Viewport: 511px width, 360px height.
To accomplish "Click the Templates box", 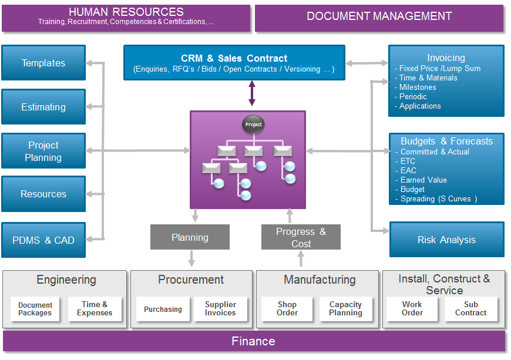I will [43, 63].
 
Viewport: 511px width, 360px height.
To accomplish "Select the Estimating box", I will [43, 107].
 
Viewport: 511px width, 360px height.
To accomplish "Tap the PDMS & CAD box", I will [43, 240].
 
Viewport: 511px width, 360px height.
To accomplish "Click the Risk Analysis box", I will [446, 240].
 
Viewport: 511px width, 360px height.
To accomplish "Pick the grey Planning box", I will [190, 237].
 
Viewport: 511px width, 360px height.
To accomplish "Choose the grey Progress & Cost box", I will [301, 237].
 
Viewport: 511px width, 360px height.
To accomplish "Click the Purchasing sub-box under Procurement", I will [163, 309].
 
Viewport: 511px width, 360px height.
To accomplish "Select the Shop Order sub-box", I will [287, 309].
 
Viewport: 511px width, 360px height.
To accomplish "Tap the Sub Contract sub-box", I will [470, 309].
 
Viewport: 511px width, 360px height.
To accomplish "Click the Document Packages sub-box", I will [35, 309].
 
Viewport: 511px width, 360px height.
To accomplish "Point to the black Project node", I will [253, 125].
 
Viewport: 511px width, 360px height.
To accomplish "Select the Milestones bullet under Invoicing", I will [418, 87].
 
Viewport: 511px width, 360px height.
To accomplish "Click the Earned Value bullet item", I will [423, 180].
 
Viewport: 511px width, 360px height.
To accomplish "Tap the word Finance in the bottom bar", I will [253, 341].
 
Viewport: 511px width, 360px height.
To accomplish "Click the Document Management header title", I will [379, 16].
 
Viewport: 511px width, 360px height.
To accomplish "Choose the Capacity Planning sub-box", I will [345, 309].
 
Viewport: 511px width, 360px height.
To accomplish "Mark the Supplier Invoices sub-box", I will [220, 309].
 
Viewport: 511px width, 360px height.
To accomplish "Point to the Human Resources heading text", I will [126, 12].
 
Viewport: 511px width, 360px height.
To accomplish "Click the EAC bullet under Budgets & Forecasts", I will [408, 170].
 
